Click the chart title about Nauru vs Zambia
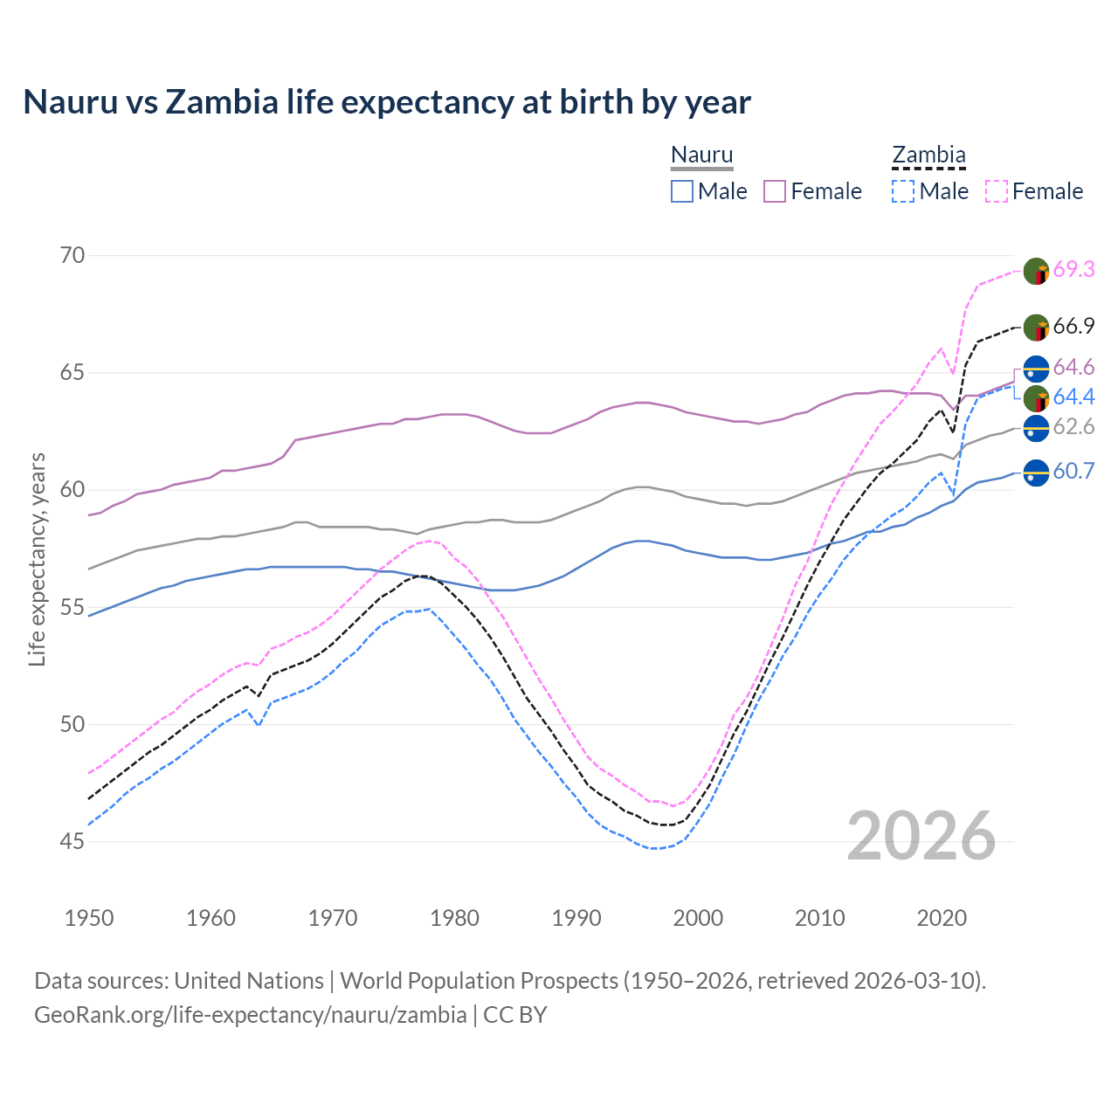387,102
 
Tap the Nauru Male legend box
682,191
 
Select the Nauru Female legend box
775,191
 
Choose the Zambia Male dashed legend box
903,191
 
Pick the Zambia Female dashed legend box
997,191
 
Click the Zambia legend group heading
928,155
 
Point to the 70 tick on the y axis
72,255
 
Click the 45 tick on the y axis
72,841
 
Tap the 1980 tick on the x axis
455,918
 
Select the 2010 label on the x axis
819,918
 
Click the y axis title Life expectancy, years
37,559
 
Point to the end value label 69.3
1073,270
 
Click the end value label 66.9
1073,327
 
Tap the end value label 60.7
1073,472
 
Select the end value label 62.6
1073,427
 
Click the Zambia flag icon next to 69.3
1036,271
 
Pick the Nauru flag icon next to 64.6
1036,369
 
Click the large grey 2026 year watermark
921,836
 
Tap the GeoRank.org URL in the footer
250,1015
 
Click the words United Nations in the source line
249,981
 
